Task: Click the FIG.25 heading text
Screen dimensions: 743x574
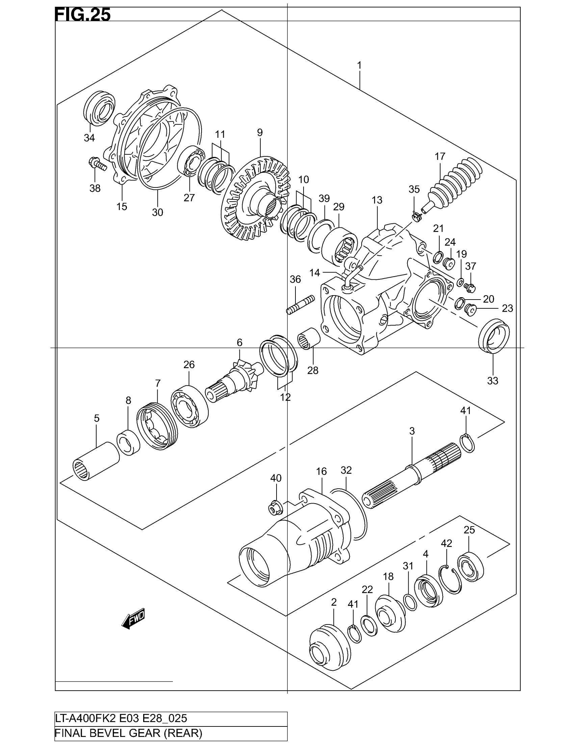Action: pyautogui.click(x=83, y=15)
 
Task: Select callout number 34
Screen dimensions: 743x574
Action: pyautogui.click(x=89, y=138)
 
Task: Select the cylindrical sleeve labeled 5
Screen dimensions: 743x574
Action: pyautogui.click(x=96, y=461)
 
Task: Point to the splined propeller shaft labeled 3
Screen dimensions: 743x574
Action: pyautogui.click(x=412, y=476)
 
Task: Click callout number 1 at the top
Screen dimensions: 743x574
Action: pyautogui.click(x=359, y=65)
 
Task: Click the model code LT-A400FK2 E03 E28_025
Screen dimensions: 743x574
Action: pyautogui.click(x=121, y=719)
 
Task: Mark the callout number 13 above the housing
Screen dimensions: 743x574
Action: pyautogui.click(x=377, y=200)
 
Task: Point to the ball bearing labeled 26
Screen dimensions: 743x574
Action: pyautogui.click(x=190, y=405)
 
